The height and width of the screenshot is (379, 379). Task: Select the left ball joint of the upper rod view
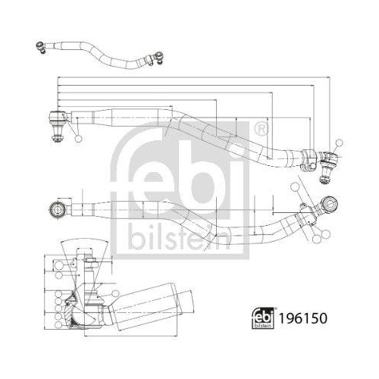click(x=57, y=119)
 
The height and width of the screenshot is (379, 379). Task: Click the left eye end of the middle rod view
click(x=55, y=208)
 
